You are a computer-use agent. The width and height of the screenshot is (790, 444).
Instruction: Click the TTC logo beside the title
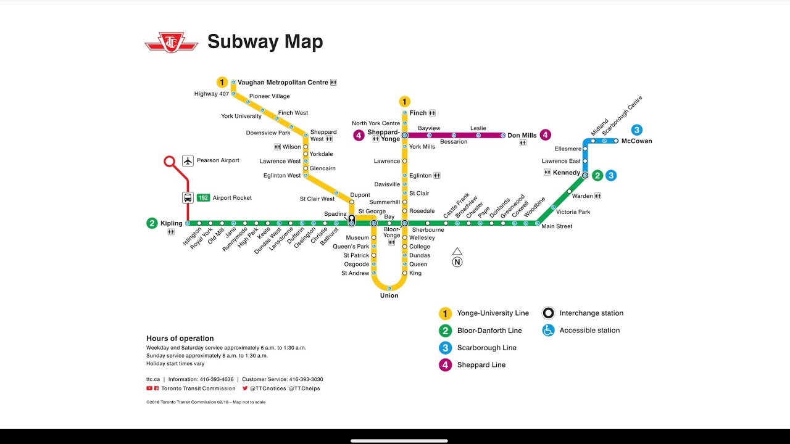pos(171,43)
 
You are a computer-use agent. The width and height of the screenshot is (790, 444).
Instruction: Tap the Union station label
pos(389,295)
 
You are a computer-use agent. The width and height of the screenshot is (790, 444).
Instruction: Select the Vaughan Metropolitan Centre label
pos(283,82)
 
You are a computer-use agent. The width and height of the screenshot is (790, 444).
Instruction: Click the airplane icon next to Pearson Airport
pos(188,160)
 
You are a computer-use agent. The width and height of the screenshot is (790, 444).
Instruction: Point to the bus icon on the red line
pos(188,198)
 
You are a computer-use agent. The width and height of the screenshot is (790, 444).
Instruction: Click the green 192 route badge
pos(203,198)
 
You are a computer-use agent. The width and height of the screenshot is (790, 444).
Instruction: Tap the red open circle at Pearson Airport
pos(170,162)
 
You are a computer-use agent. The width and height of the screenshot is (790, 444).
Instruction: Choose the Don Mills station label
pos(522,136)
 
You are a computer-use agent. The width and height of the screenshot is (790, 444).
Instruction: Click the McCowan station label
pos(636,141)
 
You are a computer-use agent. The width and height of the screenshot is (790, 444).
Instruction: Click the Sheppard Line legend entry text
pos(481,365)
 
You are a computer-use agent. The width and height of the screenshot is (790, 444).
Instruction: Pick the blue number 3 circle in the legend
pos(445,348)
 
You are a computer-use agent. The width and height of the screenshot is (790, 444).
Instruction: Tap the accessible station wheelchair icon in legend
pos(548,331)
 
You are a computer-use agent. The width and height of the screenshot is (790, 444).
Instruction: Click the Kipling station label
pos(172,223)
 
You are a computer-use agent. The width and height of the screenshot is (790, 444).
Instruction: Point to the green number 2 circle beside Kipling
pos(152,223)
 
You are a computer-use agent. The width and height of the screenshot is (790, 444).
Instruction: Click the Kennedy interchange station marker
pos(585,175)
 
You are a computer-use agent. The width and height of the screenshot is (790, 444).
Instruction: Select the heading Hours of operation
pos(180,339)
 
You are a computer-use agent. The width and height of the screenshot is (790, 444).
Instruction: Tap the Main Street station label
pos(557,226)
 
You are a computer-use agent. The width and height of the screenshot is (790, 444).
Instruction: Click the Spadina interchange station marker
pos(351,220)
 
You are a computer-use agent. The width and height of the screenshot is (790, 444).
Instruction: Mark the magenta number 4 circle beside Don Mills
pos(545,135)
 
